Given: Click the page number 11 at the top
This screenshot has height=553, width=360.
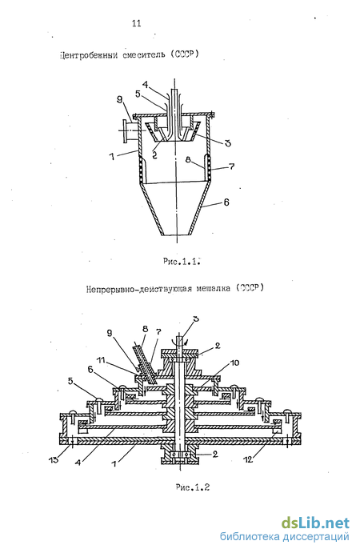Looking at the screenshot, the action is tap(137, 23).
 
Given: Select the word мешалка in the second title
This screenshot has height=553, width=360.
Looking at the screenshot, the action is tap(214, 288).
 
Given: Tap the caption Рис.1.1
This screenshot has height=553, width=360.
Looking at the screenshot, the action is tap(182, 262).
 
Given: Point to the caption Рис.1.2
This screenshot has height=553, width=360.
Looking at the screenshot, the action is tap(193, 487).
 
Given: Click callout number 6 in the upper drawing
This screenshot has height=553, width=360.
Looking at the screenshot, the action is tap(226, 202).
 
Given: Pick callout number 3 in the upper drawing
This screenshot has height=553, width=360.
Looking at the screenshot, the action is tap(228, 143).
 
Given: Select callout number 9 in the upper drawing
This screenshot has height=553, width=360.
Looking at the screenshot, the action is tap(119, 101).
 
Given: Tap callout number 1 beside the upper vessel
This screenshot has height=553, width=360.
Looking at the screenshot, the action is tap(112, 156).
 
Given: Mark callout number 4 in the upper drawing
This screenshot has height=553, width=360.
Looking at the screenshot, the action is tap(146, 85).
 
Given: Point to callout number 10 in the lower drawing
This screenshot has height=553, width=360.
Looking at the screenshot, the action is tap(236, 363).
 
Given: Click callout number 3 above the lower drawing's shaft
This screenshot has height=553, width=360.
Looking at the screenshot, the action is tap(196, 319).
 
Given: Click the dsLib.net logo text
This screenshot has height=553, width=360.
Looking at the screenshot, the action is tap(315, 523).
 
